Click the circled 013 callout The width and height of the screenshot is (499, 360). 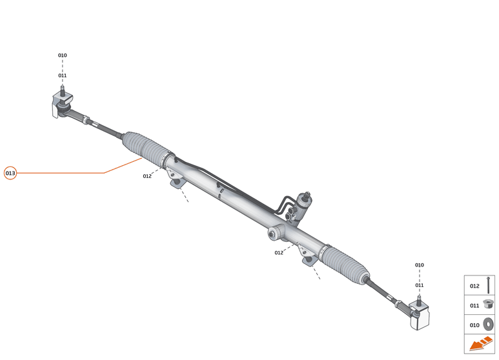(10, 173)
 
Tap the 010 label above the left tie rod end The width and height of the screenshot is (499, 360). (63, 55)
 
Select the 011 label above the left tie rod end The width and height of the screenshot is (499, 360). (63, 75)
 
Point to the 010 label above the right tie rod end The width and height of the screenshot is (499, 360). (420, 265)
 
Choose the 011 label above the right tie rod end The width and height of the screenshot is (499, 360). (420, 285)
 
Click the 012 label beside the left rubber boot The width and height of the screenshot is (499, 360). (147, 176)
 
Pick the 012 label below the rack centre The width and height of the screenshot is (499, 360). (279, 253)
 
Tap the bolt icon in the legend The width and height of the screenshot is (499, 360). (489, 285)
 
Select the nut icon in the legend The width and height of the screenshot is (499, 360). (488, 305)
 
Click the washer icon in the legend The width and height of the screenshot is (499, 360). (488, 325)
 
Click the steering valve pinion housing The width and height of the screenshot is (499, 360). (305, 203)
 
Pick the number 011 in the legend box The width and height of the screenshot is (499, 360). (474, 305)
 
